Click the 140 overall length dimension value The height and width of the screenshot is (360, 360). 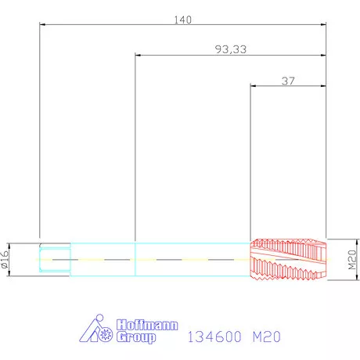(x=183, y=20)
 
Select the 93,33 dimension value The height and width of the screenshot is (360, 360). (x=231, y=49)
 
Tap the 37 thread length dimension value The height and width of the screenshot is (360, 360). (x=288, y=81)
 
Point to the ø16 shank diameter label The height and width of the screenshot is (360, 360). (x=5, y=259)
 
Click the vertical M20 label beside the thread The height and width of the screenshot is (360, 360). (x=352, y=260)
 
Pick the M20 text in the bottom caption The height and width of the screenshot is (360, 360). (x=267, y=337)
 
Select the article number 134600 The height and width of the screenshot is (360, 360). (x=214, y=337)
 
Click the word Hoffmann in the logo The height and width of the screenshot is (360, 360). (x=147, y=325)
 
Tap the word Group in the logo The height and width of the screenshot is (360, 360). (x=136, y=337)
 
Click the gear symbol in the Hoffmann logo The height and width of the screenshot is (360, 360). (x=106, y=334)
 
